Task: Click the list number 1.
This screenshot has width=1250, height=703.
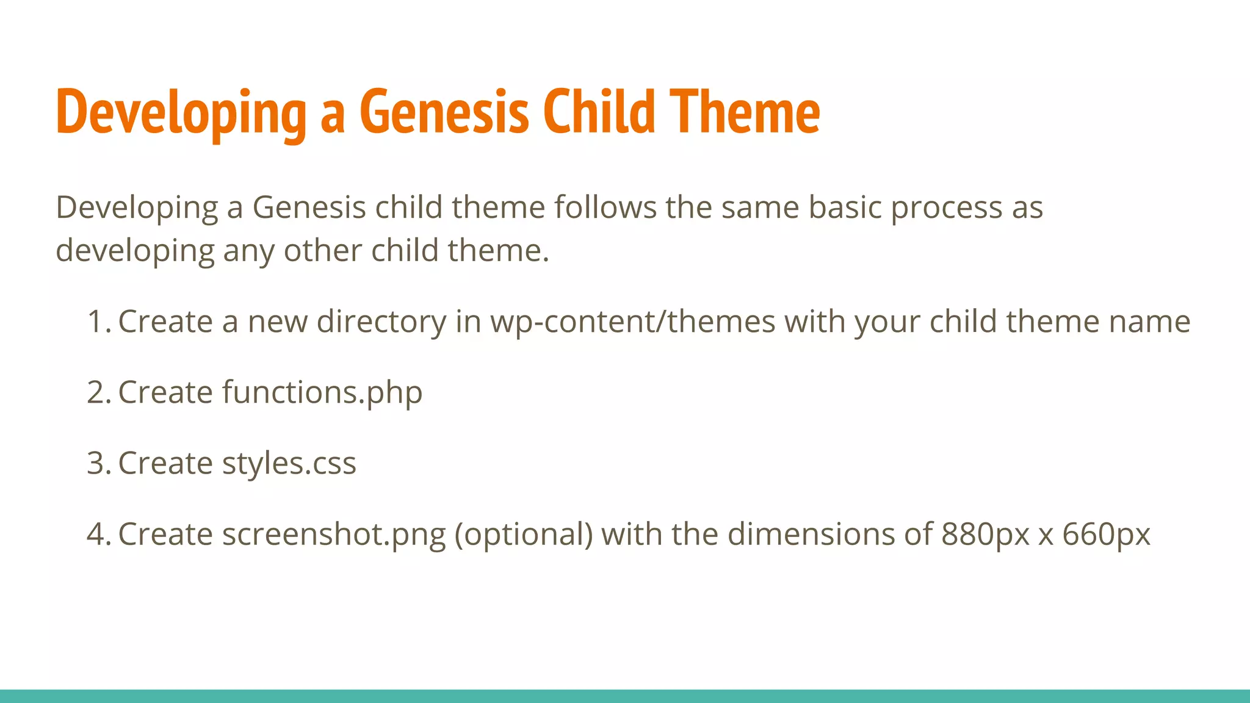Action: [x=98, y=322]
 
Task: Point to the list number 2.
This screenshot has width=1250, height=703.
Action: [x=98, y=392]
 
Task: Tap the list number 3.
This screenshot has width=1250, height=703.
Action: [x=98, y=463]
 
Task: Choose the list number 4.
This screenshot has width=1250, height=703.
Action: [x=98, y=534]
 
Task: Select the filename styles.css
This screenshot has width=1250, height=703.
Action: [x=289, y=463]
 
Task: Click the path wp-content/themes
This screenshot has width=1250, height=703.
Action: [x=632, y=322]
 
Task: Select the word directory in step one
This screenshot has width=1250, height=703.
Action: [x=381, y=322]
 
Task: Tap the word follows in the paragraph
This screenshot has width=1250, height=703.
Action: [x=605, y=207]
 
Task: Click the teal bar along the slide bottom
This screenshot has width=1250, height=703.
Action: [x=625, y=696]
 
